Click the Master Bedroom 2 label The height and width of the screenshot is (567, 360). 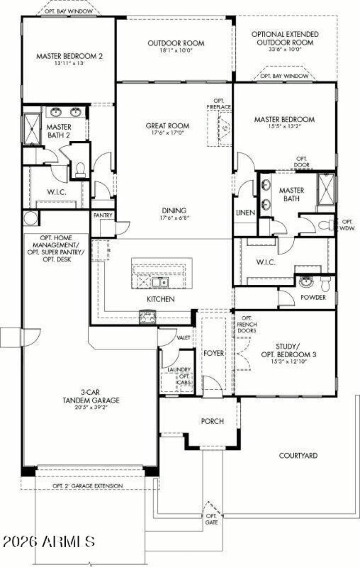click(x=69, y=56)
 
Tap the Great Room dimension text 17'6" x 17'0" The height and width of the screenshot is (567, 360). click(x=167, y=133)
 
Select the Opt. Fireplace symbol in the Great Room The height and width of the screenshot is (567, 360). click(x=224, y=128)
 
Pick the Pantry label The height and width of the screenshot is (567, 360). click(x=103, y=216)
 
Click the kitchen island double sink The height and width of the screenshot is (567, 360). click(x=159, y=283)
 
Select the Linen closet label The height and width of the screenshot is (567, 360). click(x=245, y=212)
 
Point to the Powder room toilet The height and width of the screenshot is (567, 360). click(x=326, y=283)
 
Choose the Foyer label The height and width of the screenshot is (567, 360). click(x=214, y=353)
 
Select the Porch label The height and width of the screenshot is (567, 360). click(x=212, y=421)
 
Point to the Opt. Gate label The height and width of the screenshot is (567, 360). click(x=211, y=519)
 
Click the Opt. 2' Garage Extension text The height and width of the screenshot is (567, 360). click(x=87, y=486)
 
